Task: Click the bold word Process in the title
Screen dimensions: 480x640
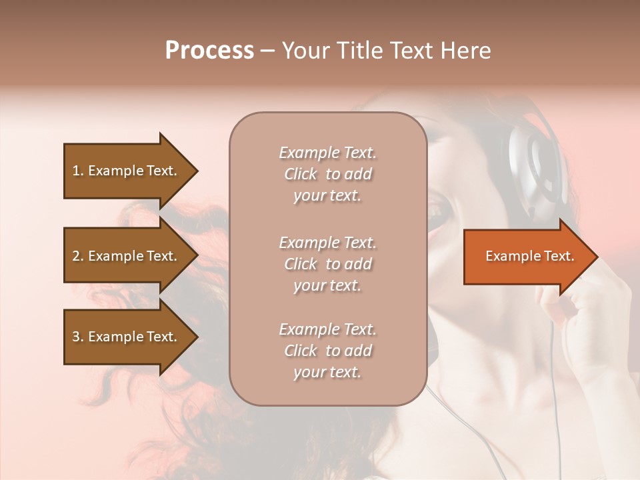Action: [x=209, y=51]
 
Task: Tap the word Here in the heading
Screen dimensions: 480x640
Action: [x=465, y=51]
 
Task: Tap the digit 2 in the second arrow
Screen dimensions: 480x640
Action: [x=75, y=256]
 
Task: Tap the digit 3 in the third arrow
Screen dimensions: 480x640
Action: [x=75, y=337]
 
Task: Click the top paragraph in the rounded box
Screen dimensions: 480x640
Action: [x=327, y=174]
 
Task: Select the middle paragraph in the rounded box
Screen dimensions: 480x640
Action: [x=327, y=264]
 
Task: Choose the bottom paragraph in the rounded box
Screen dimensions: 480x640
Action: [x=327, y=351]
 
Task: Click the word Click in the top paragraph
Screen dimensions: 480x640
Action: [x=301, y=174]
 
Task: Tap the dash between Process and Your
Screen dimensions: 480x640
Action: [x=267, y=51]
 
